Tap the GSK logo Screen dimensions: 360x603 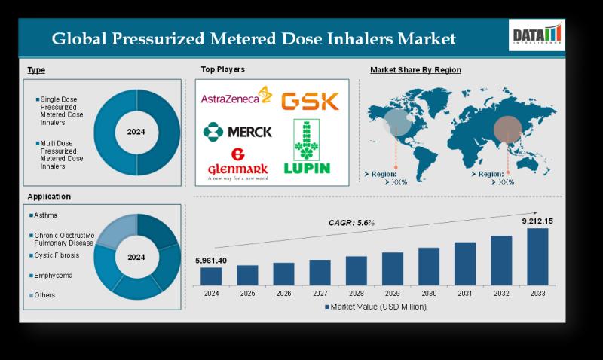coord(310,101)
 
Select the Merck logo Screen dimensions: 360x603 coord(237,131)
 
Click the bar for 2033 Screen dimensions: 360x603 coord(537,257)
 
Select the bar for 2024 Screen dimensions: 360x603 coord(211,276)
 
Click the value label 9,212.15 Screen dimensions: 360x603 coord(537,221)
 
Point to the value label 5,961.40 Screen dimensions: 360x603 coord(211,260)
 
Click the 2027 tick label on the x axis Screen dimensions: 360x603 coord(320,294)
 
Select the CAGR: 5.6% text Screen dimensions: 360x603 coord(351,222)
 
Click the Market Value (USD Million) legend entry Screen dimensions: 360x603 coord(375,307)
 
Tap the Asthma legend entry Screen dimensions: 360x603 coord(45,215)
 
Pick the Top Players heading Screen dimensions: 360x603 coord(222,69)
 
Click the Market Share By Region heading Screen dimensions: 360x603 coord(416,70)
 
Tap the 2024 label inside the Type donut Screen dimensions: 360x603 coord(136,132)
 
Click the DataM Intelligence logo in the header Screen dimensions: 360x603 coord(537,36)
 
